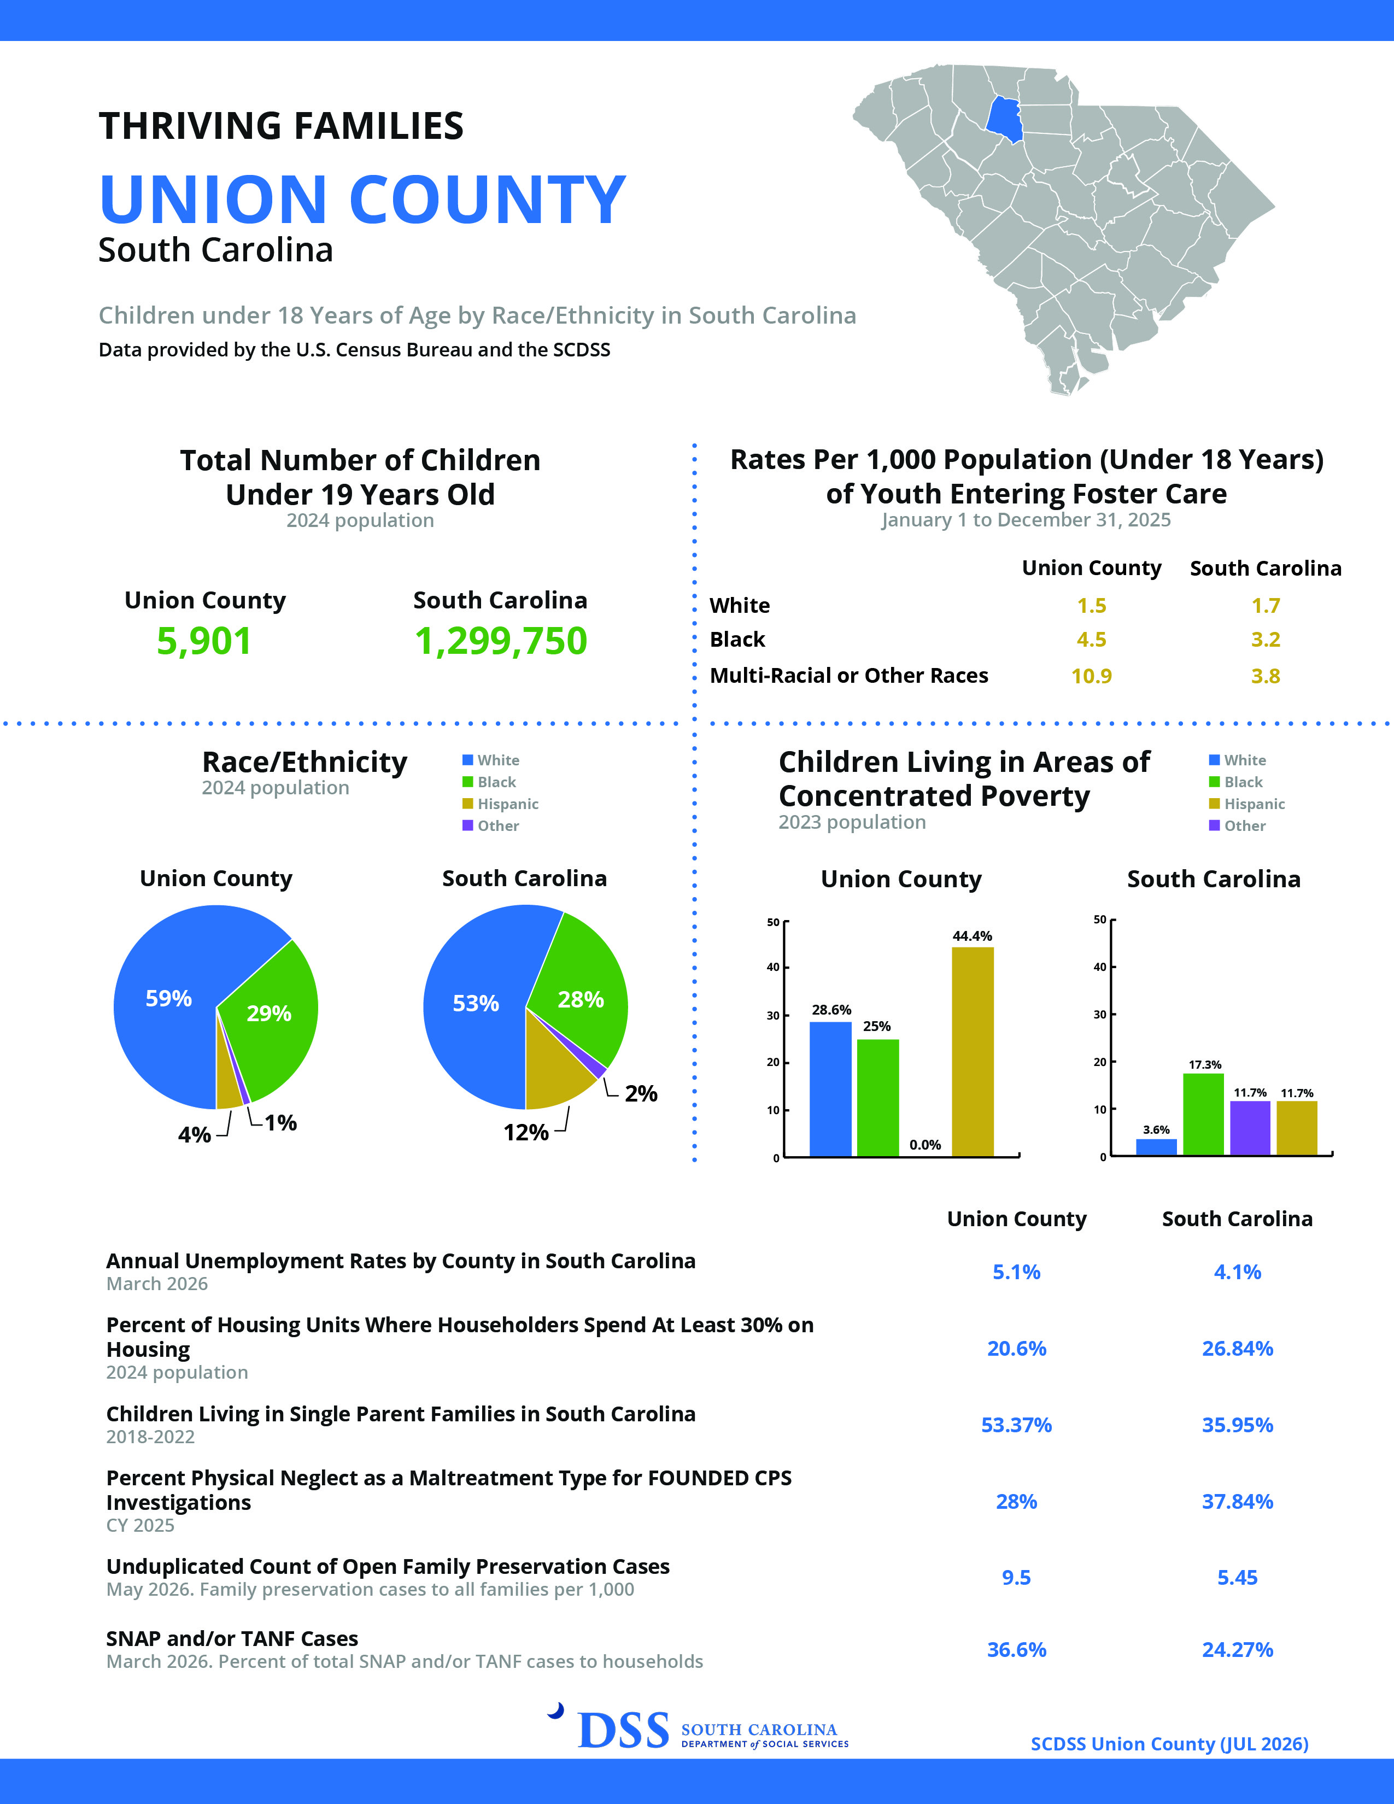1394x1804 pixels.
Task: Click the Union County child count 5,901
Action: point(204,641)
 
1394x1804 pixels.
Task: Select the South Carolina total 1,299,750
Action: point(500,641)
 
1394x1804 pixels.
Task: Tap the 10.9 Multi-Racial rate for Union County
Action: point(1091,676)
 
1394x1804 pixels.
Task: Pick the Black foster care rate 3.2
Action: point(1265,640)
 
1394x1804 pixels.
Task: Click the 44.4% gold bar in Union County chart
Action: point(973,1051)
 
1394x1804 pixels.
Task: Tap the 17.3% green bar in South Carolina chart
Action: point(1203,1114)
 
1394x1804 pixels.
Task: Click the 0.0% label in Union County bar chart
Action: point(925,1145)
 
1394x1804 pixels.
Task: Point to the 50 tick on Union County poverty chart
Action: point(773,922)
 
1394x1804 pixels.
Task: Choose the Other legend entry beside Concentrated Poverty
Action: point(1237,825)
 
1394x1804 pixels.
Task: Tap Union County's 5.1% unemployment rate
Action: point(1017,1272)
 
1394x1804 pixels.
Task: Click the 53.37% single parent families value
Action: point(1017,1425)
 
